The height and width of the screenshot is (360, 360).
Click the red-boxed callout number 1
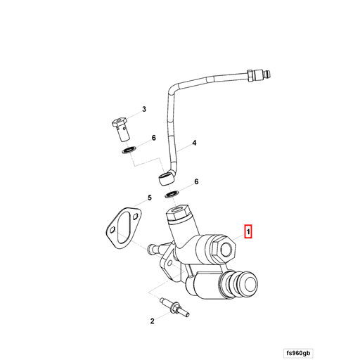247,231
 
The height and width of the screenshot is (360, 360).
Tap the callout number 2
152,321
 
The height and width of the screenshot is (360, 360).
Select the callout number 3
143,109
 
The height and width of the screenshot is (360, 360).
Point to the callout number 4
195,143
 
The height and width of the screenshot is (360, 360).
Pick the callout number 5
149,199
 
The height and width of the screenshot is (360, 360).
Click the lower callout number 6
196,181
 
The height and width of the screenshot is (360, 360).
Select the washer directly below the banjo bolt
128,150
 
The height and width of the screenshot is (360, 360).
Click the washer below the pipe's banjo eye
171,192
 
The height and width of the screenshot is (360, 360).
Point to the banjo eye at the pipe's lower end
167,175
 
